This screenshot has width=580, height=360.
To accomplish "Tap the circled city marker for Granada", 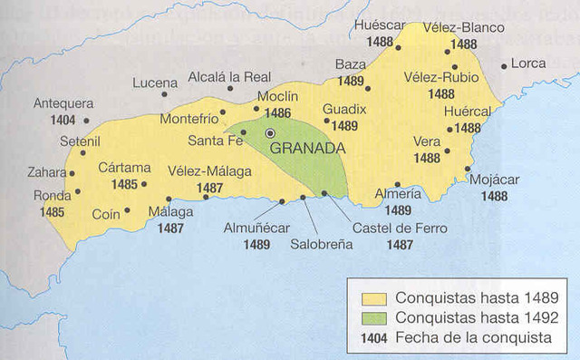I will point(269,133).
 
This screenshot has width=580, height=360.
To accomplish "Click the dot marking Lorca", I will point(504,65).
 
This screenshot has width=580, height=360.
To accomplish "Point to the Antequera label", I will point(63,103).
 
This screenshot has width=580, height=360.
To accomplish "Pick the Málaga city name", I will point(170,212).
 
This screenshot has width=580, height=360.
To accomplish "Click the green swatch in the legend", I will point(373,316).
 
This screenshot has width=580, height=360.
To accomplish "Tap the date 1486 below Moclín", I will point(277,113).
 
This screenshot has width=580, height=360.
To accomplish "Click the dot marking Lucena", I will point(164,93).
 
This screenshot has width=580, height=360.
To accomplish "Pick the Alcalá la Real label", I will point(226,78).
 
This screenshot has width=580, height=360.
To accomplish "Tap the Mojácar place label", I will point(495,180).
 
